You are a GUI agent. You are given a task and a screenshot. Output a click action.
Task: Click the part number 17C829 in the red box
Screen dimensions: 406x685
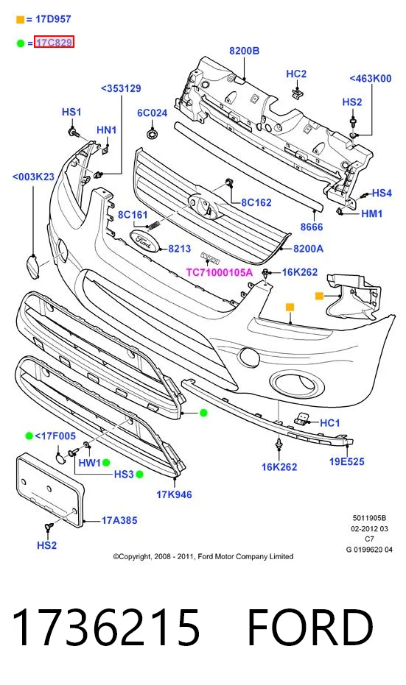(55, 43)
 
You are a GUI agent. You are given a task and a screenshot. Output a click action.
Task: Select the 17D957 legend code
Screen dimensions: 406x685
(52, 19)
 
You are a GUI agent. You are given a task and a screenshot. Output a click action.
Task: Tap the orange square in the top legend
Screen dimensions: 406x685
(20, 20)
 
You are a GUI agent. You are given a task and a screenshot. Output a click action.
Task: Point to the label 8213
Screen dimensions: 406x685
(179, 249)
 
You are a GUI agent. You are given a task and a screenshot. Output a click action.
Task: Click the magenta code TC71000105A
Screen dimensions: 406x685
(219, 272)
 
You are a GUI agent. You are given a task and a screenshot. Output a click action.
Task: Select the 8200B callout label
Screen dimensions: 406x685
(244, 51)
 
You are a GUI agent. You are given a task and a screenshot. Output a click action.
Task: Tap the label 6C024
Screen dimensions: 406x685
(153, 113)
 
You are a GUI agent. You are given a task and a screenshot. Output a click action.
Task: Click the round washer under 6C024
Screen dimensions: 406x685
(153, 132)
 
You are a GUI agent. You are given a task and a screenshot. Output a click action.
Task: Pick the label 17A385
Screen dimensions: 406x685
(119, 520)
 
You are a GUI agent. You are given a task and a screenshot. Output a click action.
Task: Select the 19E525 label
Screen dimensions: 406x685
(346, 461)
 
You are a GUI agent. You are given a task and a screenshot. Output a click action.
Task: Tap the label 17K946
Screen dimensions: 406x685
(174, 494)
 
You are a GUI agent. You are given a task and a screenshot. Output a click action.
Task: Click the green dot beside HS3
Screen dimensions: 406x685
(139, 475)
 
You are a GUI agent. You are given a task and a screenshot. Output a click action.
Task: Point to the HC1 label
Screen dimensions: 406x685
(330, 423)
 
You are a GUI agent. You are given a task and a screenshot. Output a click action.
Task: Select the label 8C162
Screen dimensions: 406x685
(256, 203)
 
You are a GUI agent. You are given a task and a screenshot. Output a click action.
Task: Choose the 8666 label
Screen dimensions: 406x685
(312, 227)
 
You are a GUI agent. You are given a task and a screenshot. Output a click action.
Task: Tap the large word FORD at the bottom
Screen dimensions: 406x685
(310, 628)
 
